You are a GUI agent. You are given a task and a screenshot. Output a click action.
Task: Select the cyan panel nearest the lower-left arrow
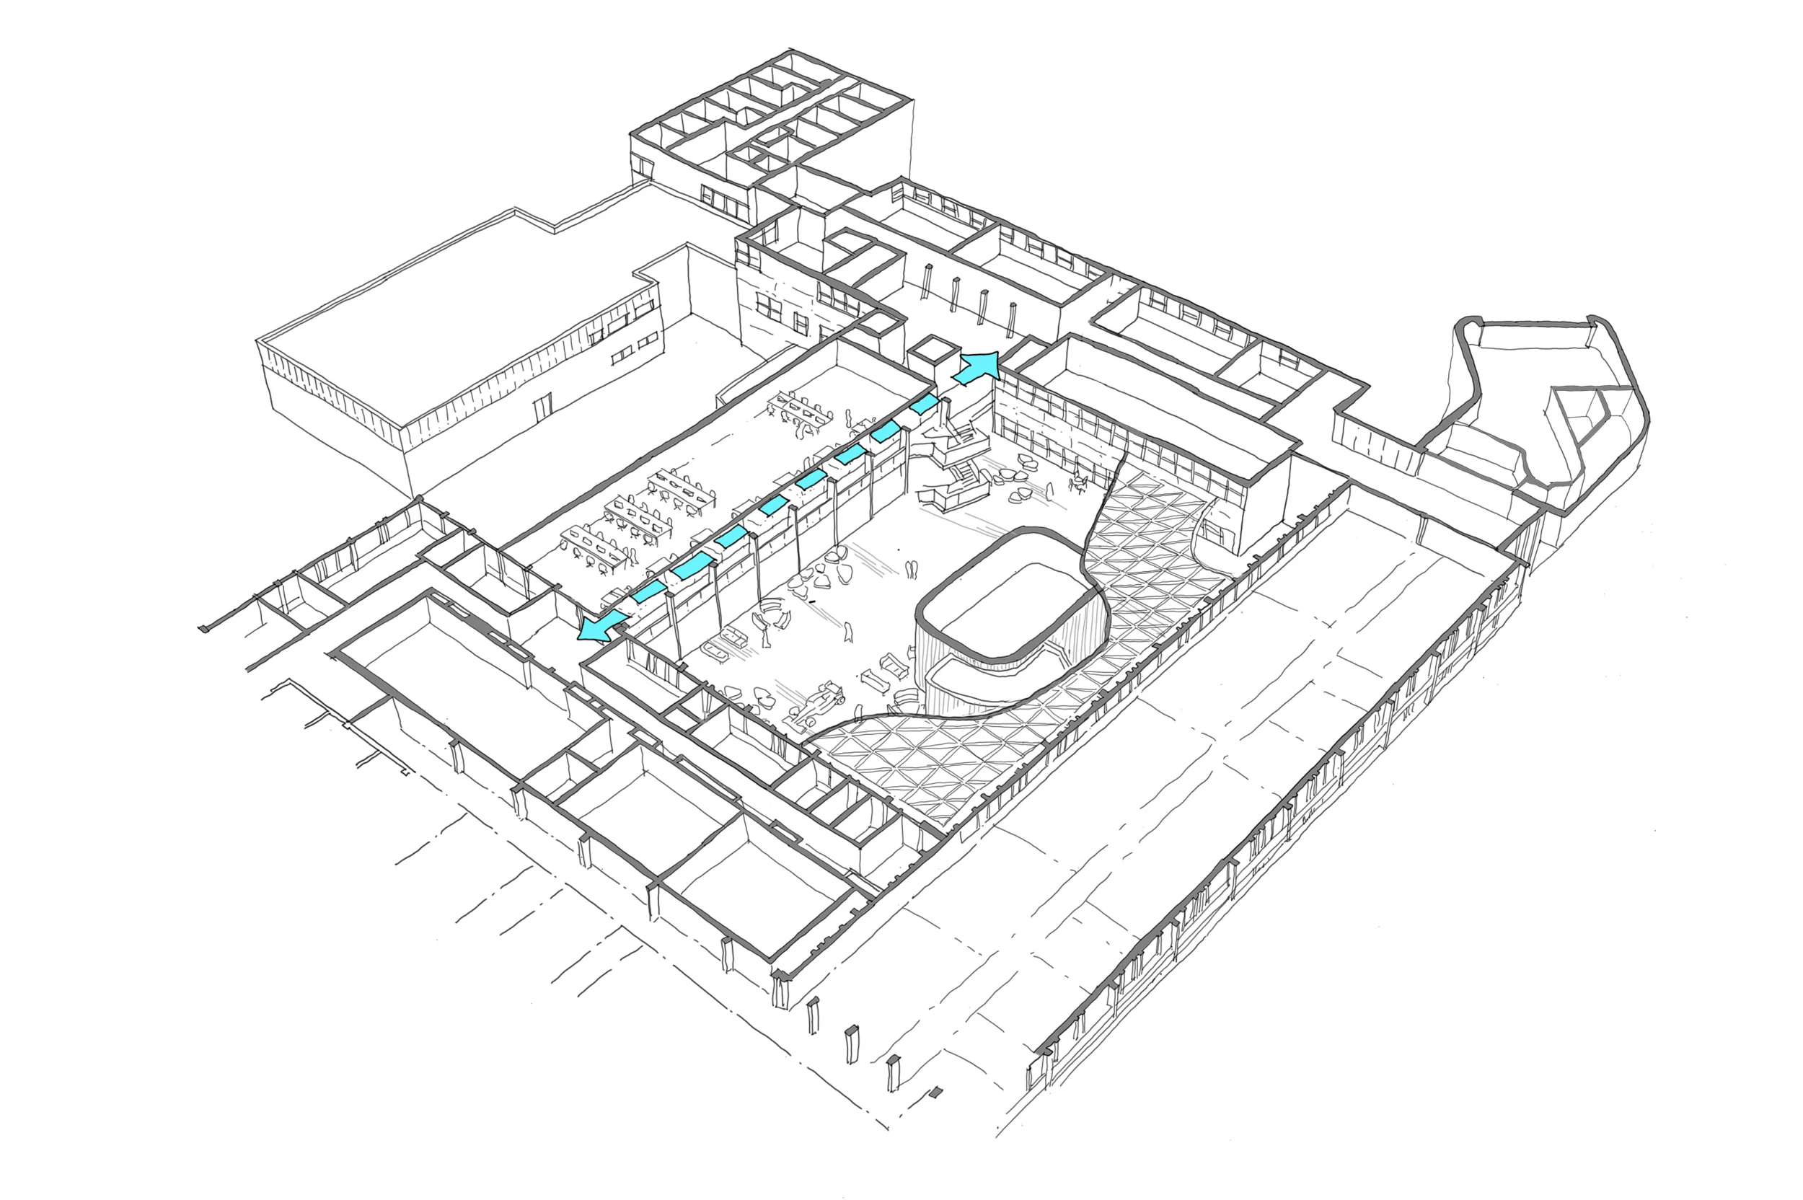(x=649, y=591)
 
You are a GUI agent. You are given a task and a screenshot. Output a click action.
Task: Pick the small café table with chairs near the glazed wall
(x=1079, y=482)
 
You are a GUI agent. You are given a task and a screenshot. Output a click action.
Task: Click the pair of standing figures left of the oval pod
(x=912, y=571)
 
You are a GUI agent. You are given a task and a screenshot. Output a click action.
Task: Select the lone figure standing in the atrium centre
(x=847, y=632)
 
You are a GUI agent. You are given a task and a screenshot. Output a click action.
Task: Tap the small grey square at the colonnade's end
(x=935, y=1092)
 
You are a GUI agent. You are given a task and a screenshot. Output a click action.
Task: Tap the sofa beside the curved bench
(x=731, y=636)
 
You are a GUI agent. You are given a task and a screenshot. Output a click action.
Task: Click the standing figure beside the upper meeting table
(x=849, y=418)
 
